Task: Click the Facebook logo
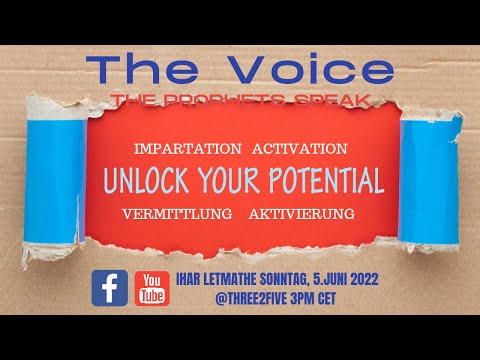point(109,288)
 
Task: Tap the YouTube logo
point(151,288)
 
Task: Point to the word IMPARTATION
point(187,149)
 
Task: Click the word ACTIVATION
point(300,149)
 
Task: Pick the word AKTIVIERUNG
point(302,214)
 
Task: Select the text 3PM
point(305,298)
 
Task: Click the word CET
point(340,298)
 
